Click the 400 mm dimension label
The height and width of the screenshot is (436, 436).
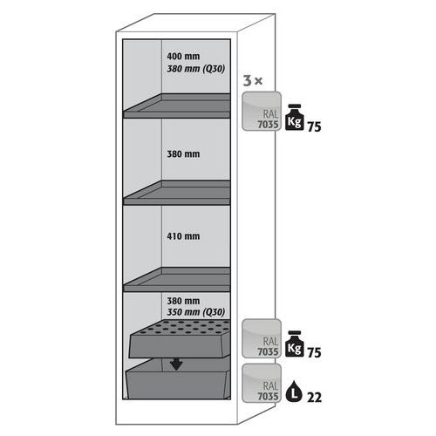183,56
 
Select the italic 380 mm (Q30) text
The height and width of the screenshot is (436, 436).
195,69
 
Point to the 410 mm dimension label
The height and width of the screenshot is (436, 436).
183,236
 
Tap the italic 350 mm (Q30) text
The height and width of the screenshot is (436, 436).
195,312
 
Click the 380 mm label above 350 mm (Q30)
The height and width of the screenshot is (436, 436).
183,301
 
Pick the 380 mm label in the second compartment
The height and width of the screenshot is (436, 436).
183,154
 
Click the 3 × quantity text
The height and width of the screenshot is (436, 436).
253,81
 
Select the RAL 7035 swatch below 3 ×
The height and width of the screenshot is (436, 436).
262,111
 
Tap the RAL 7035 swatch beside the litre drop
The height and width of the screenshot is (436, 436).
262,383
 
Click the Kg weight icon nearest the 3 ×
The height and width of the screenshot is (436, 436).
295,117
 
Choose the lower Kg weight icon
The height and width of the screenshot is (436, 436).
295,344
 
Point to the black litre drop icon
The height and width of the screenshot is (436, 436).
294,392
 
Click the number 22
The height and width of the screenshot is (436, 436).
315,398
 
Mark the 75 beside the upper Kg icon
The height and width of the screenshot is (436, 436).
315,127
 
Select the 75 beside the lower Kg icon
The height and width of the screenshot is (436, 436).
315,352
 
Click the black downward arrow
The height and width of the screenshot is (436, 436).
176,364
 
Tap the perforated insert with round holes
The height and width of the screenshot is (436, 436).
180,338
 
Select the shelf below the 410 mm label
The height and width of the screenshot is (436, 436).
177,280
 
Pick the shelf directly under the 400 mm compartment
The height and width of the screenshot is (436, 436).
177,106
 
